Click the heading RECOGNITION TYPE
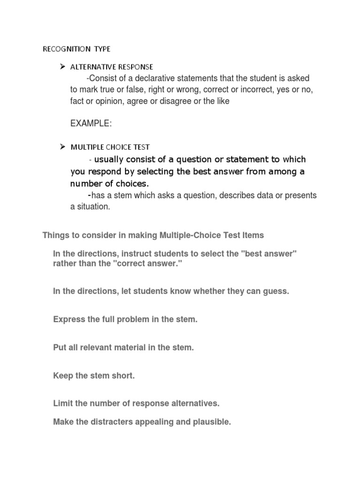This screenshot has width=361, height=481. (x=77, y=49)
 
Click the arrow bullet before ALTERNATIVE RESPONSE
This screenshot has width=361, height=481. (x=62, y=67)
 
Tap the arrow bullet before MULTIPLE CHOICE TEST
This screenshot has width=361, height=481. (x=62, y=147)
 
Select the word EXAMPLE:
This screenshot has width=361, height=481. (x=91, y=123)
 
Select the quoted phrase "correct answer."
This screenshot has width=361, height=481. (x=151, y=264)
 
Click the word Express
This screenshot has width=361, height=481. (x=69, y=319)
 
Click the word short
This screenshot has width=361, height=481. (x=123, y=376)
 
